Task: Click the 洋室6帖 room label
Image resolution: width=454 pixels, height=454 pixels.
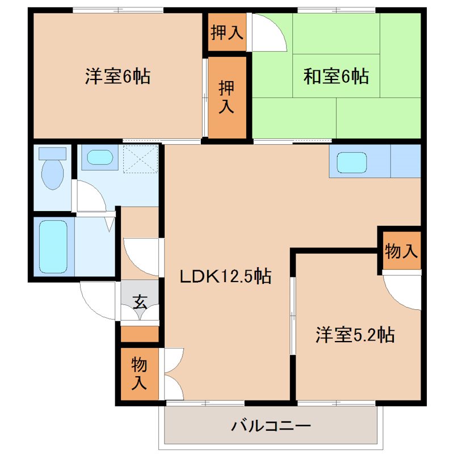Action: [117, 77]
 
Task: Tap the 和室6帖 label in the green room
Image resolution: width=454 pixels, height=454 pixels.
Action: [336, 76]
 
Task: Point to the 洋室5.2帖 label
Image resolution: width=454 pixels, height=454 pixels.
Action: [355, 335]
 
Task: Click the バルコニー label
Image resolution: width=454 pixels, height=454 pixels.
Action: [271, 425]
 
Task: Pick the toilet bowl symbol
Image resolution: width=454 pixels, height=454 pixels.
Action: [52, 173]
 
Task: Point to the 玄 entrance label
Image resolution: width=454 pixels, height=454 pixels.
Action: [140, 302]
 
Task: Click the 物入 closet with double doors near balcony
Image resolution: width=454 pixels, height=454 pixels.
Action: [139, 373]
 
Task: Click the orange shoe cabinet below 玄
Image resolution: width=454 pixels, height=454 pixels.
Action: [140, 334]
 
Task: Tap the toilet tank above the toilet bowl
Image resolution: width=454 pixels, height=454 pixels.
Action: [52, 152]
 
